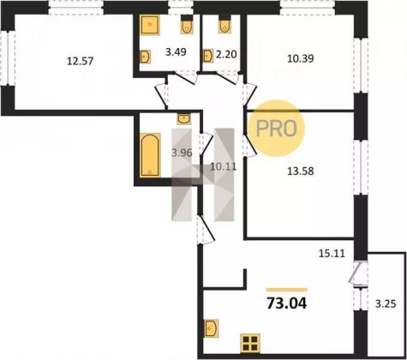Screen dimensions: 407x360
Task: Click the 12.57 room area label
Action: click(80, 61)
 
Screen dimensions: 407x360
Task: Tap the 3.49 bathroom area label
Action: click(176, 52)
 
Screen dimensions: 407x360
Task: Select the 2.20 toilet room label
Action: click(226, 54)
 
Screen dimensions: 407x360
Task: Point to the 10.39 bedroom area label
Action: click(301, 58)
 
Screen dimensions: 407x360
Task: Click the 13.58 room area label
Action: click(301, 171)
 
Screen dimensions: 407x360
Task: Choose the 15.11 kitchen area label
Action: click(332, 253)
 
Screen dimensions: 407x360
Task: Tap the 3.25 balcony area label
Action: click(386, 304)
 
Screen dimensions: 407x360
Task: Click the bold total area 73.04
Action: click(287, 303)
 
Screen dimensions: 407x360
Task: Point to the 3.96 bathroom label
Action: click(182, 153)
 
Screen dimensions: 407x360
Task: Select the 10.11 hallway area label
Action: click(223, 166)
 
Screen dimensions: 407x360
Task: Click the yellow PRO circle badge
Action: click(276, 128)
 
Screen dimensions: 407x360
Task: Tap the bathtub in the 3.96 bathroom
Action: click(151, 155)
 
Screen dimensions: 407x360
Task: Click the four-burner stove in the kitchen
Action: click(250, 343)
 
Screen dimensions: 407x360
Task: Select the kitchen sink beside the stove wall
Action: click(212, 328)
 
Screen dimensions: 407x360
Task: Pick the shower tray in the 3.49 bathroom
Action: click(150, 25)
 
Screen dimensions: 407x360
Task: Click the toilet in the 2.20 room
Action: click(225, 24)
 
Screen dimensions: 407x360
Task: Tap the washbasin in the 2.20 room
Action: click(208, 56)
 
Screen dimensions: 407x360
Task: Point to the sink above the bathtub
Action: click(184, 119)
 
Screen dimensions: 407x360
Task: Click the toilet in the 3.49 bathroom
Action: click(187, 25)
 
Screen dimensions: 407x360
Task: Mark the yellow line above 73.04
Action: click(287, 290)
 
